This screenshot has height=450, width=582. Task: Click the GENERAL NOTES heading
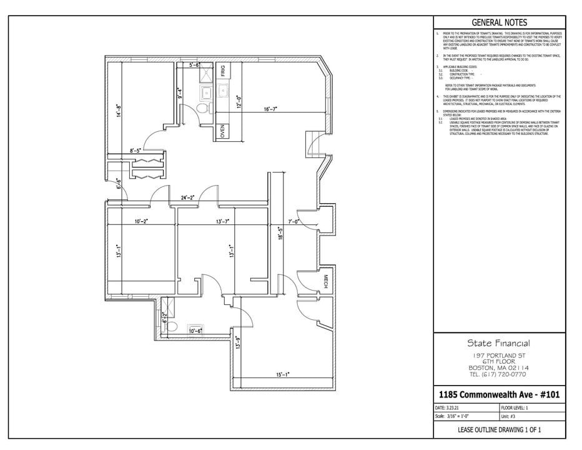pyautogui.click(x=499, y=22)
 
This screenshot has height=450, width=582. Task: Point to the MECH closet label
pyautogui.click(x=325, y=282)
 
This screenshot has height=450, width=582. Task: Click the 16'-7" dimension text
pyautogui.click(x=270, y=109)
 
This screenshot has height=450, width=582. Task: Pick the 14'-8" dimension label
pyautogui.click(x=117, y=111)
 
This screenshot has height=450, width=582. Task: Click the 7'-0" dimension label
pyautogui.click(x=294, y=221)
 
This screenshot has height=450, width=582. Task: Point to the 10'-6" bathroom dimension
pyautogui.click(x=195, y=330)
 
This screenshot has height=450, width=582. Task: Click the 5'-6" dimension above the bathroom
pyautogui.click(x=194, y=65)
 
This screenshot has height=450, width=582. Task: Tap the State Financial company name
pyautogui.click(x=499, y=343)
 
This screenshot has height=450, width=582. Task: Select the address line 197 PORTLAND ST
pyautogui.click(x=499, y=355)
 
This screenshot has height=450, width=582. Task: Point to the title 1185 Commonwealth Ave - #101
pyautogui.click(x=499, y=394)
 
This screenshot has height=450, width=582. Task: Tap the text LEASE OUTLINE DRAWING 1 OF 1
pyautogui.click(x=499, y=429)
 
